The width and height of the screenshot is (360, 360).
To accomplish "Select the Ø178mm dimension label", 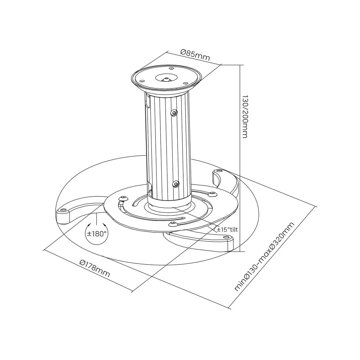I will coord(95,268).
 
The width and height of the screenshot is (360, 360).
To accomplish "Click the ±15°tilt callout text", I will coord(227,229).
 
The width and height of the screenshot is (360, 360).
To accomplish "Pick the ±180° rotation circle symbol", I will coord(97,234).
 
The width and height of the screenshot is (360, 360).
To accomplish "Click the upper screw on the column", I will coord(174,113).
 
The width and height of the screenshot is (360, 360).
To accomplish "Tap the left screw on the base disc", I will coord(124,198).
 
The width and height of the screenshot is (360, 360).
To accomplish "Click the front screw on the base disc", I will coord(173,224).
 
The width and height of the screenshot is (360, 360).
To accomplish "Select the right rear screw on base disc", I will coord(213,194).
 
